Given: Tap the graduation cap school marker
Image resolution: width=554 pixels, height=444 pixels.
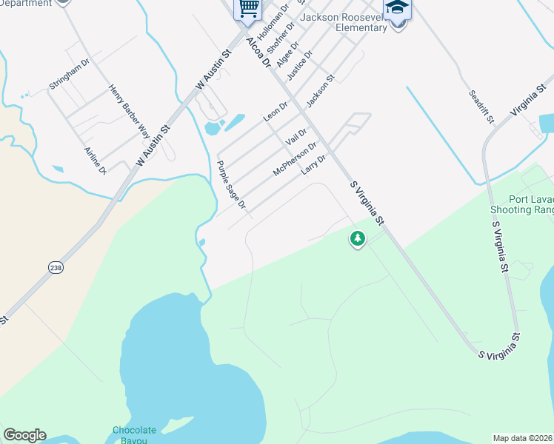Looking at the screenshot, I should click(x=398, y=9).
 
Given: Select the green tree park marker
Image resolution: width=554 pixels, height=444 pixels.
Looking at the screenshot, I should click(x=358, y=238).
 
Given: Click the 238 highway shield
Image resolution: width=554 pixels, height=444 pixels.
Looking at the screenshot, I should click(x=56, y=267).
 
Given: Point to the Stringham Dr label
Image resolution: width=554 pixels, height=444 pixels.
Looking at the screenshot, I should click(x=69, y=74).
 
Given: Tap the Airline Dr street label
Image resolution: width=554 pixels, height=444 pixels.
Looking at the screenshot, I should click(x=96, y=160).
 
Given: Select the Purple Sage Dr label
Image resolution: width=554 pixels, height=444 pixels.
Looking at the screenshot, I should click(x=230, y=184).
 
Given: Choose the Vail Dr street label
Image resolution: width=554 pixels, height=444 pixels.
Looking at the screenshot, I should click(x=296, y=136).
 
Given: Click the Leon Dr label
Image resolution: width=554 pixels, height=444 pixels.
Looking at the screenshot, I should click(x=275, y=112).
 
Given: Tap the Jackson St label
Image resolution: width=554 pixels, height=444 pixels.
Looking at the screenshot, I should click(x=321, y=89).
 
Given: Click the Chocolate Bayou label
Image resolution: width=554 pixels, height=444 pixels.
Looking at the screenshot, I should click(x=134, y=435).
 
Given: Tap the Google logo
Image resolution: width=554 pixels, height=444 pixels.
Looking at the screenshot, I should click(x=24, y=435).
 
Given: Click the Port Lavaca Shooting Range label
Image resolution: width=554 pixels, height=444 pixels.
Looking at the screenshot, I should click(x=530, y=204).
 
